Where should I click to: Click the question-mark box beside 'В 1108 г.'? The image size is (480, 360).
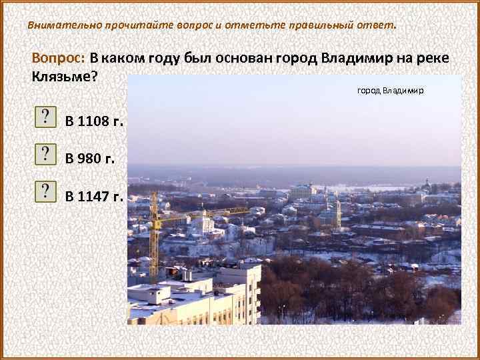tap(45, 117)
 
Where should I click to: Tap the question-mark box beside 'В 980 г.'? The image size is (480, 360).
tap(45, 155)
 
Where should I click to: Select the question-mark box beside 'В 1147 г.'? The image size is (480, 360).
tap(45, 192)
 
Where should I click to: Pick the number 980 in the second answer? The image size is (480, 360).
tap(91, 159)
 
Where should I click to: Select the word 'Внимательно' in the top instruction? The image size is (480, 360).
tap(64, 25)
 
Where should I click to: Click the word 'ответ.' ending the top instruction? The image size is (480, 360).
tap(378, 25)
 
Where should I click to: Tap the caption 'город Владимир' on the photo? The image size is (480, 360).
tap(391, 90)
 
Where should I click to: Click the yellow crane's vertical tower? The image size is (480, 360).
tap(154, 240)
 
